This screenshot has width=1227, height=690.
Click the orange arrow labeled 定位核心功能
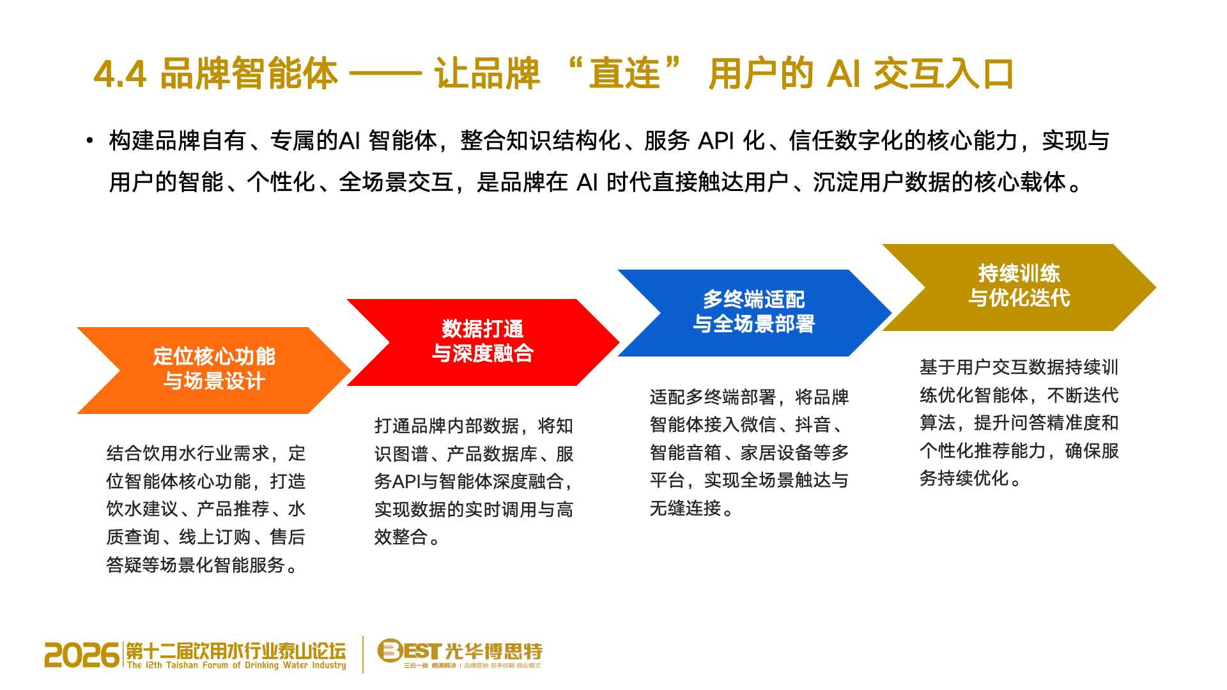(x=214, y=371)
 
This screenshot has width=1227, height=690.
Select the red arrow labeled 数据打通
(x=483, y=342)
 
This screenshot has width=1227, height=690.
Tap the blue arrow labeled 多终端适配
(x=754, y=313)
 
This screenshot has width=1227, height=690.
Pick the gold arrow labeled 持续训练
(x=1019, y=287)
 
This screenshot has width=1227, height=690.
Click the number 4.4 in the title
(x=121, y=74)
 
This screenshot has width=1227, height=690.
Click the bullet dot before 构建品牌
(x=90, y=141)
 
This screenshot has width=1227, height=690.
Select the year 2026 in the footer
(x=82, y=655)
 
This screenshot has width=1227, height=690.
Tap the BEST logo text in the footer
(x=409, y=651)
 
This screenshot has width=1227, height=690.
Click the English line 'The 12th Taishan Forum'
(x=236, y=666)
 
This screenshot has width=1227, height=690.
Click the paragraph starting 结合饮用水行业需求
(x=206, y=509)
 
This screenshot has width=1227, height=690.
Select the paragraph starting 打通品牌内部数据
(x=474, y=482)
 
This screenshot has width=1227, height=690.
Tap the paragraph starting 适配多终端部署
(x=750, y=452)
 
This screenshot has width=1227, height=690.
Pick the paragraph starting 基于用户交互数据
(x=1019, y=423)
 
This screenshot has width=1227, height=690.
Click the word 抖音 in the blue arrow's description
(x=813, y=425)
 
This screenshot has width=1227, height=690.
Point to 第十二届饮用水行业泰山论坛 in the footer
(x=236, y=651)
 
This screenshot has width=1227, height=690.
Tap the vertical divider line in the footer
(x=363, y=654)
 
